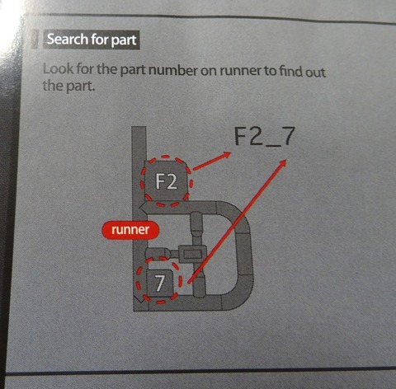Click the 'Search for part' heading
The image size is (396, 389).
pyautogui.click(x=92, y=40)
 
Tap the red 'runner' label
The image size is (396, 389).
pyautogui.click(x=130, y=230)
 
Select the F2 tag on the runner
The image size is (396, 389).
pyautogui.click(x=167, y=181)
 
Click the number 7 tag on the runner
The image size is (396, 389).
pyautogui.click(x=160, y=284)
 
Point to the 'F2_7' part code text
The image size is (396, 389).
pyautogui.click(x=265, y=136)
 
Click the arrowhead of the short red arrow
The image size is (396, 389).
pyautogui.click(x=226, y=155)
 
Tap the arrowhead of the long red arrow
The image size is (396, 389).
pyautogui.click(x=283, y=163)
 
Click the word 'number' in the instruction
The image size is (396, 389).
pyautogui.click(x=172, y=70)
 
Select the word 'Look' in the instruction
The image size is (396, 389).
pyautogui.click(x=59, y=68)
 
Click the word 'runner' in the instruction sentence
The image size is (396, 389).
pyautogui.click(x=241, y=72)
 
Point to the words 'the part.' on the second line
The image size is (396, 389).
pyautogui.click(x=68, y=86)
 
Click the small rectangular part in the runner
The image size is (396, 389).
pyautogui.click(x=191, y=253)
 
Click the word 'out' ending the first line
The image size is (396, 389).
pyautogui.click(x=314, y=72)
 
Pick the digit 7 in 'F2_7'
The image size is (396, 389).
pyautogui.click(x=288, y=136)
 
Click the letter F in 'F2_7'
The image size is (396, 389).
pyautogui.click(x=240, y=136)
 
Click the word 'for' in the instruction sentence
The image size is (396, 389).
pyautogui.click(x=85, y=69)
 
